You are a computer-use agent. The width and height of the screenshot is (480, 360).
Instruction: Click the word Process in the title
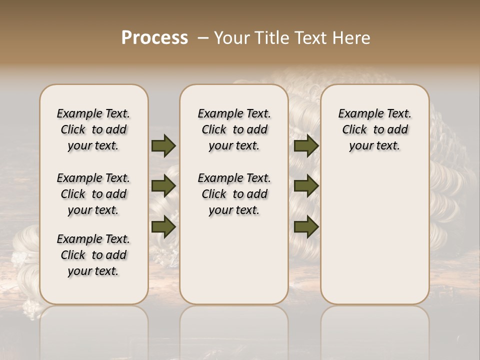pos(154,38)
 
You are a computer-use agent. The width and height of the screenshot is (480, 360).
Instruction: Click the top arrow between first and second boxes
pos(163,145)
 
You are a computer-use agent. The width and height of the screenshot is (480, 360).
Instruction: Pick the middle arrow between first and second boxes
pos(163,186)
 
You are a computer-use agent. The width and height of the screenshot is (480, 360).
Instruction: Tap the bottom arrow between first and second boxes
pos(163,226)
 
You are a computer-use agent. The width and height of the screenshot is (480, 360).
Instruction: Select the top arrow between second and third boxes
pos(306,145)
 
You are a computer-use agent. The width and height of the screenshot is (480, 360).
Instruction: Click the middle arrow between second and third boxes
pos(306,186)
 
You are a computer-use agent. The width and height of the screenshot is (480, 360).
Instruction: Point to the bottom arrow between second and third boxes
pos(306,226)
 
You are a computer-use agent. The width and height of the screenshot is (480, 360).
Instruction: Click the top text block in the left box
pos(93,129)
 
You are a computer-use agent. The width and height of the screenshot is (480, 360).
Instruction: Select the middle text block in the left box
pos(93,194)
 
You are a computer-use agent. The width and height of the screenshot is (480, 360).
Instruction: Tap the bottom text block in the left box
pos(93,255)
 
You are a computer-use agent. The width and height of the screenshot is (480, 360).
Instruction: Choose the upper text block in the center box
pos(234,129)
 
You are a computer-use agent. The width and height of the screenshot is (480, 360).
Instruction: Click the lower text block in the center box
pos(234,194)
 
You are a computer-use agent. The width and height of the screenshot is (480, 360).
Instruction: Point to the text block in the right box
pos(375,129)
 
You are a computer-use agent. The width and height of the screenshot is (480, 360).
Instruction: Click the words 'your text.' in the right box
pos(375,145)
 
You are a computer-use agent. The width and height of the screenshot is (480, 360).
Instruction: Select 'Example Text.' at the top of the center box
pos(234,113)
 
